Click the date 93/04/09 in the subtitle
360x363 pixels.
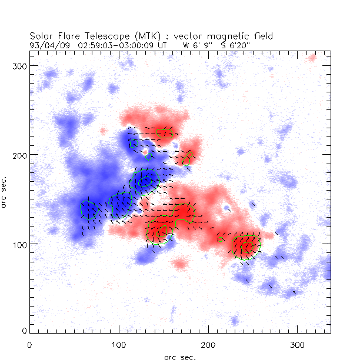[47, 44]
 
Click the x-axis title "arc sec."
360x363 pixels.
[179, 357]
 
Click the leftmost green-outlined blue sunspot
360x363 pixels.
[89, 209]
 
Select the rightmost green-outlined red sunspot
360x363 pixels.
[246, 246]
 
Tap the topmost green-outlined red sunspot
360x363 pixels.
[165, 133]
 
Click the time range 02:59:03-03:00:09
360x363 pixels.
[111, 44]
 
